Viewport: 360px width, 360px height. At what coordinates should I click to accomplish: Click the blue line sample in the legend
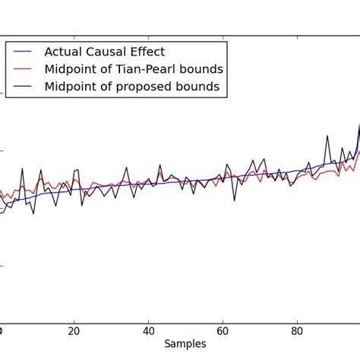23,52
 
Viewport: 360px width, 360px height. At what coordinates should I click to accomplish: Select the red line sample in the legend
23,69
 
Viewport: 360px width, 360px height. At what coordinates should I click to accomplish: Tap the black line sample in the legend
23,87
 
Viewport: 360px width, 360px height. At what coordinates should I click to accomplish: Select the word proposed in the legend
148,87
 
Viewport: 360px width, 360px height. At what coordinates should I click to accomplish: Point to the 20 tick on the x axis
74,331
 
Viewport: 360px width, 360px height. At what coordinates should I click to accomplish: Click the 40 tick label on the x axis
148,331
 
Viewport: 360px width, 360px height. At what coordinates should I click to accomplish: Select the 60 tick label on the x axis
223,331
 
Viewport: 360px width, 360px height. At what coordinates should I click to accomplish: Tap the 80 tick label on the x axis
297,331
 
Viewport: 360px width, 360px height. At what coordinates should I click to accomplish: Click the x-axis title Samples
185,344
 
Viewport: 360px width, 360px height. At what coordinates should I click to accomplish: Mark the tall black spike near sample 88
327,136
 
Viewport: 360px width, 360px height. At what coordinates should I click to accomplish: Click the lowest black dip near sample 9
33,213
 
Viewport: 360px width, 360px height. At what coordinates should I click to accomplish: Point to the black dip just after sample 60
234,201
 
